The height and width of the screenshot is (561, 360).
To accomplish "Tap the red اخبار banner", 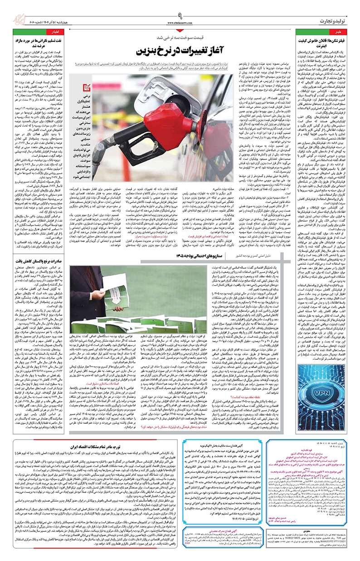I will tap(37, 33).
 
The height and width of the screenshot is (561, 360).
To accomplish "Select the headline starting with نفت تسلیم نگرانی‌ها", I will tap(37, 43).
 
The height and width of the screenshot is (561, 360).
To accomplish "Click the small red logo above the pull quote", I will tap(88, 86).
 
